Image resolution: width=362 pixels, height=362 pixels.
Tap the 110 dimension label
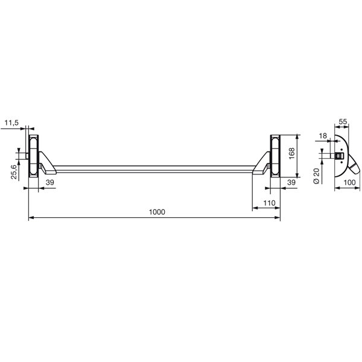click(269, 202)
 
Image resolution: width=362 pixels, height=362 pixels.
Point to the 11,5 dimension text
click(11, 122)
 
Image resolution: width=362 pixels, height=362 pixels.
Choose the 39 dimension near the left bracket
click(51, 182)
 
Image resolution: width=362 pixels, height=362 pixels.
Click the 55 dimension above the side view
click(342, 122)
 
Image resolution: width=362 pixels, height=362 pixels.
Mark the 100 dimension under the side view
click(349, 182)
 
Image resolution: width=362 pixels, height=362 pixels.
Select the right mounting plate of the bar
click(275, 156)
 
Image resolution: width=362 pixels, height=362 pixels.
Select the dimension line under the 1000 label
click(91, 218)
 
